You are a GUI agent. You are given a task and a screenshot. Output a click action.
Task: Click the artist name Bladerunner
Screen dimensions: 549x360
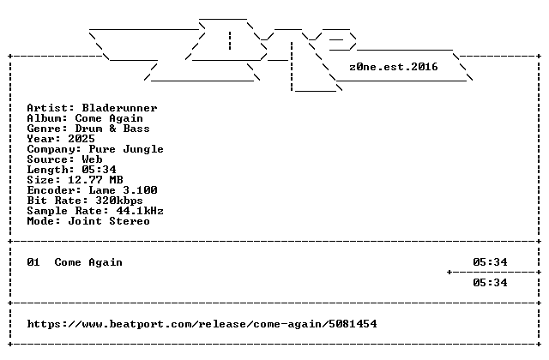click(120, 108)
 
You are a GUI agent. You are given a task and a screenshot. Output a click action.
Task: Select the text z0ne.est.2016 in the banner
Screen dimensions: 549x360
click(394, 67)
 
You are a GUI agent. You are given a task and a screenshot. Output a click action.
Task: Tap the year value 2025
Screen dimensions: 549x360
click(81, 139)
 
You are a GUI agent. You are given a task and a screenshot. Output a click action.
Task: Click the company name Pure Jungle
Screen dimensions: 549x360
click(126, 149)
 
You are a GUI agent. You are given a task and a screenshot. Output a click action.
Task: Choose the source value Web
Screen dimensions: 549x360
click(93, 159)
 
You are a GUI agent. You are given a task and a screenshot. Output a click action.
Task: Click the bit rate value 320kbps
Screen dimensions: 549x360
click(119, 201)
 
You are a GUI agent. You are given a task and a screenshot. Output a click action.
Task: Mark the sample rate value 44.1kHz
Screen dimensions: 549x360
click(140, 211)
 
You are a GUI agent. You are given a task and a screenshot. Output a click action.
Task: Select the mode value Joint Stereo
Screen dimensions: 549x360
click(109, 221)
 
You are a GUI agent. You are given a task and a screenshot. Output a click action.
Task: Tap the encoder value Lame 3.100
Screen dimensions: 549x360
click(123, 190)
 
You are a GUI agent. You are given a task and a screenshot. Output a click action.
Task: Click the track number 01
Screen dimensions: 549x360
click(33, 262)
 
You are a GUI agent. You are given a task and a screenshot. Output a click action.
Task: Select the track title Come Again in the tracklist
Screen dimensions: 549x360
click(88, 262)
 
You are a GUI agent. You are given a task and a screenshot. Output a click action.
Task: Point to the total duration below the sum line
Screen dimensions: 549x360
click(490, 283)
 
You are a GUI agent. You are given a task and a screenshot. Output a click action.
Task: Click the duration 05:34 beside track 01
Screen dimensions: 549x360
click(490, 262)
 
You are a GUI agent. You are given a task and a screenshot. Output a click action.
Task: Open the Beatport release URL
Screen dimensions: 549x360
click(202, 324)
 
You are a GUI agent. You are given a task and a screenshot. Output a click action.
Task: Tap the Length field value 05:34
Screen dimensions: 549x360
click(100, 170)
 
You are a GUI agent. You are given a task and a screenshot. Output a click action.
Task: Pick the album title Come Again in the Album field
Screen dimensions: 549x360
click(109, 118)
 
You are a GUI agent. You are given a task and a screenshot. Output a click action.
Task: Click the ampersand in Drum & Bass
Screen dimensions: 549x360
click(112, 129)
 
